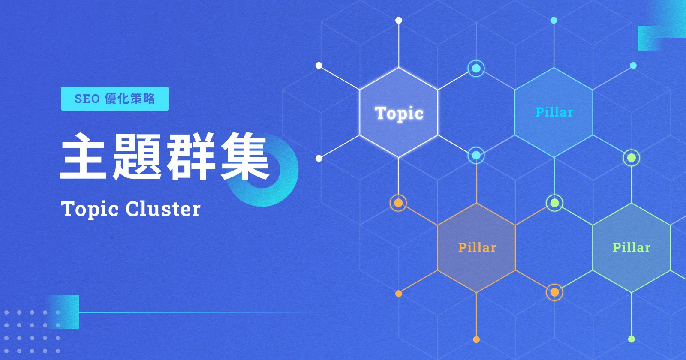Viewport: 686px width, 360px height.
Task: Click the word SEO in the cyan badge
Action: coord(87,99)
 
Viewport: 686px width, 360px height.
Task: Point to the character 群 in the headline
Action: coord(191,156)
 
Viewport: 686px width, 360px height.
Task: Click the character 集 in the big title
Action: coord(245,156)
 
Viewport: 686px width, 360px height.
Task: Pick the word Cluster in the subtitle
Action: coord(163,209)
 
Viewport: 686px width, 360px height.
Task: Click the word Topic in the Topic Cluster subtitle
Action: coord(90,210)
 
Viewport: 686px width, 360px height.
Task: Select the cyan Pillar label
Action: coord(554,112)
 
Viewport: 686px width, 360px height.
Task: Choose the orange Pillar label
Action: coord(477,247)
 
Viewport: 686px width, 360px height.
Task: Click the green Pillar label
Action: coord(631,247)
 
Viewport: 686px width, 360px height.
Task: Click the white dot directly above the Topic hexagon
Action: coord(399,20)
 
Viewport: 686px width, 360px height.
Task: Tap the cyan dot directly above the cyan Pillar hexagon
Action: coord(554,20)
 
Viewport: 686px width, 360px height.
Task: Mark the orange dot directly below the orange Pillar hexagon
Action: coord(476,339)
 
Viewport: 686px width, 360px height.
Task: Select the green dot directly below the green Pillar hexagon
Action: coord(631,339)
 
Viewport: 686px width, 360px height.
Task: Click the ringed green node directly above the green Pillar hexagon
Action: coord(632,158)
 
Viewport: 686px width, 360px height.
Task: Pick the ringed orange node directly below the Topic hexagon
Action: coord(398,203)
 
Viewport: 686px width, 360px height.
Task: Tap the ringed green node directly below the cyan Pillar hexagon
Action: coord(554,203)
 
